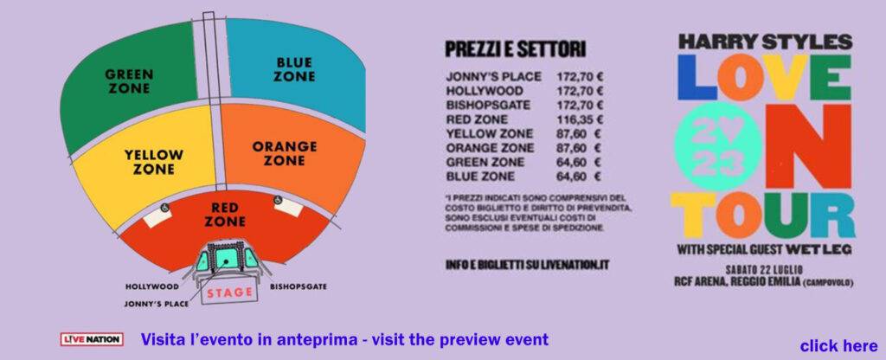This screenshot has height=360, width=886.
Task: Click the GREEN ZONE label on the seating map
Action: (129, 81)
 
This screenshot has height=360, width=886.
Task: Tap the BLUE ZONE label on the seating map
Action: (294, 69)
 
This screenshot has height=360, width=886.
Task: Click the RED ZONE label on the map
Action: (225, 215)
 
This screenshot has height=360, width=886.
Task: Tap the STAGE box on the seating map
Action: (229, 292)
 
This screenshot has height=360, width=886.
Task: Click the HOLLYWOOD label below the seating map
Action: (151, 286)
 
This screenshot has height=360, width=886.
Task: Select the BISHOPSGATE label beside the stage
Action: (299, 286)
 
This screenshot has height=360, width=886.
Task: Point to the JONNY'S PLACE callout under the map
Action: (157, 304)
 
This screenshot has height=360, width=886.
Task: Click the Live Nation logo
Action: (92, 339)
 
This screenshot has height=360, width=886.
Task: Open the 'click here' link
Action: (838, 346)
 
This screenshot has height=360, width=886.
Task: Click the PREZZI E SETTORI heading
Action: (515, 49)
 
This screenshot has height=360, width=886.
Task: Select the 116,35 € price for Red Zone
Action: (580, 119)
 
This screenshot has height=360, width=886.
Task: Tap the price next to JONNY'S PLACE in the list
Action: (580, 77)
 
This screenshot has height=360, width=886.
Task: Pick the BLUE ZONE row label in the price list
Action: (480, 177)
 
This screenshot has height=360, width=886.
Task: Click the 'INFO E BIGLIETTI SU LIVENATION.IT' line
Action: (527, 265)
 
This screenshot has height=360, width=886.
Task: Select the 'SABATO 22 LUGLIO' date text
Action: (764, 270)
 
